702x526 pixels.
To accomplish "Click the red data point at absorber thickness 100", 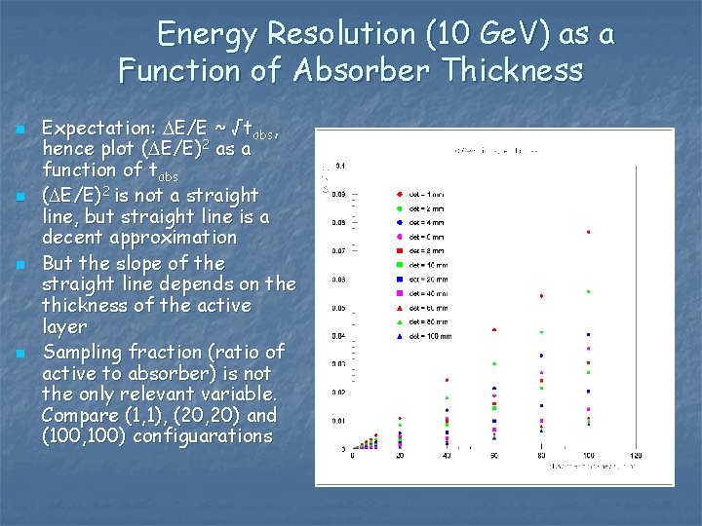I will click(x=588, y=233).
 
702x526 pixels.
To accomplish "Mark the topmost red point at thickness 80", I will click(x=541, y=296).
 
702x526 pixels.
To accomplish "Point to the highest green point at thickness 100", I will click(x=588, y=291).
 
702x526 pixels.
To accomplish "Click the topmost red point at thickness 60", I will click(x=494, y=330).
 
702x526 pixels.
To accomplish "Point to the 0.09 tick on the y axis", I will click(x=336, y=194).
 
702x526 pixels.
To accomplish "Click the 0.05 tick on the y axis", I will click(x=336, y=308).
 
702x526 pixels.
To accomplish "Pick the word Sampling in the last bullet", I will click(x=81, y=353).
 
